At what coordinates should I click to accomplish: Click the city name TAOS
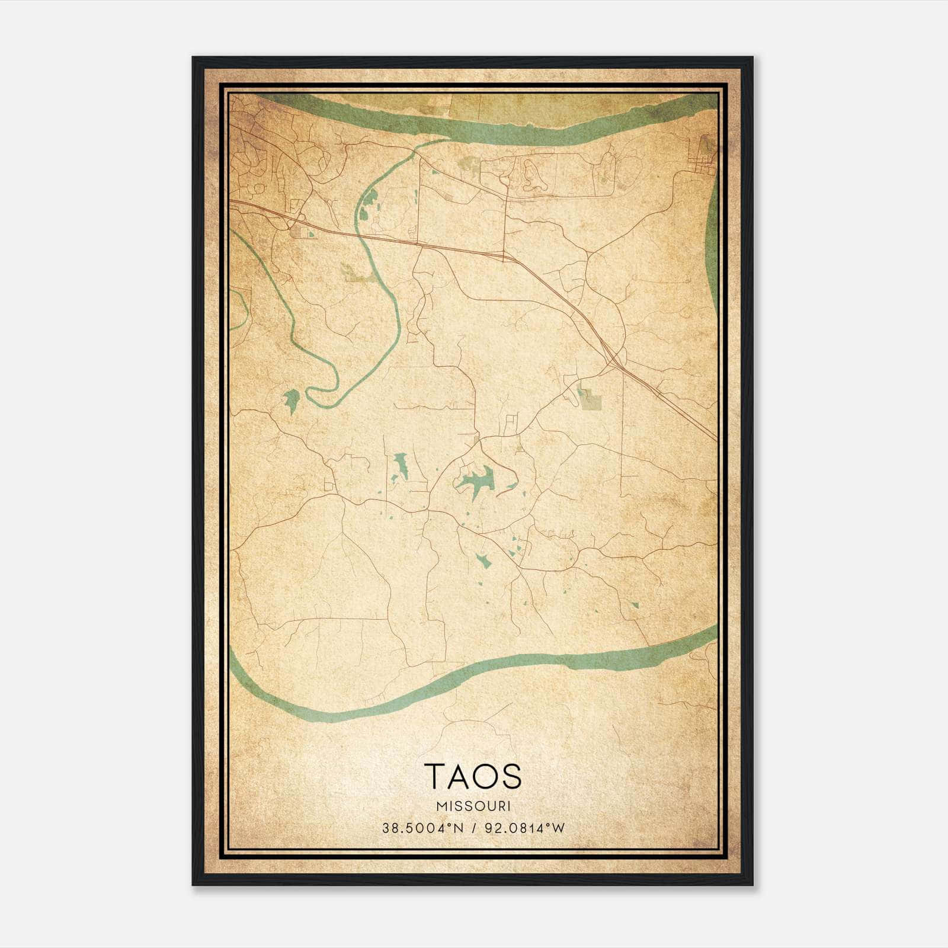pyautogui.click(x=473, y=776)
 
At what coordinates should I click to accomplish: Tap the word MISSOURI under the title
pyautogui.click(x=473, y=806)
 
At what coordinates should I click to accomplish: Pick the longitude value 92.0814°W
pyautogui.click(x=525, y=828)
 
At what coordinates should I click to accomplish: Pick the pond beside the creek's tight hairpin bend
pyautogui.click(x=291, y=401)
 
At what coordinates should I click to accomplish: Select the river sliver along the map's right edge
pyautogui.click(x=713, y=249)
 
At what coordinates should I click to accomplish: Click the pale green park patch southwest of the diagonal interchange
pyautogui.click(x=590, y=400)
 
